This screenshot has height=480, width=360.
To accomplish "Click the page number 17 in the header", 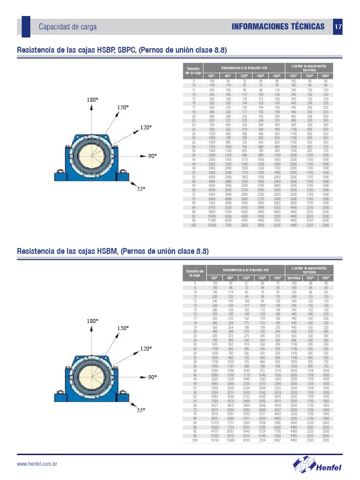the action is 338,27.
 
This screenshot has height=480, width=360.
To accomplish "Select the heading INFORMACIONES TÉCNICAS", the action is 278,27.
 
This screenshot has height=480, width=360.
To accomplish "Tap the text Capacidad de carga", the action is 67,27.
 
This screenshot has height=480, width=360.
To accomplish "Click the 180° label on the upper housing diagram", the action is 92,100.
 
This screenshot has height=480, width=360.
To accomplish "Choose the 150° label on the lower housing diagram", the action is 123,329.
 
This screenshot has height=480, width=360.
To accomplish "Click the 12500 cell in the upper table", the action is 211,225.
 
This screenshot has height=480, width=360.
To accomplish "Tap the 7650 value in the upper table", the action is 211,203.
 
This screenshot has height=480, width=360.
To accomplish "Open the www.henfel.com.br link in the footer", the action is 37,464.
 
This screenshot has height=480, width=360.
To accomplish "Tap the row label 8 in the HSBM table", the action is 195,284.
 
